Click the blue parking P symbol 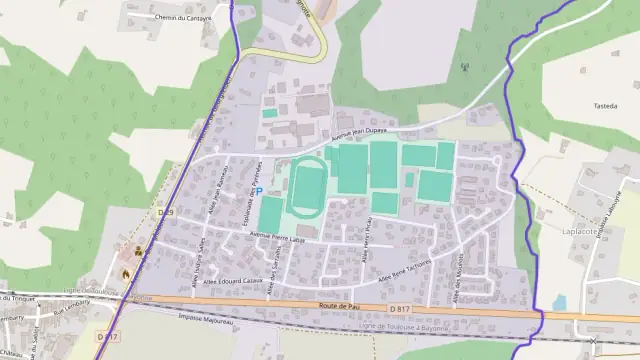(x=259, y=191)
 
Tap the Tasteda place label (x=606, y=105)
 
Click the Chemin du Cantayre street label (x=184, y=17)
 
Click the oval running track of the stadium (x=309, y=185)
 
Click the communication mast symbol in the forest (x=464, y=69)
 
